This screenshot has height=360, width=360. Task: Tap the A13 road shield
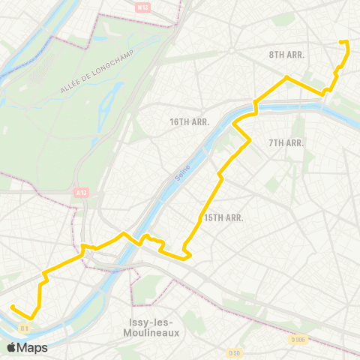(x=81, y=193)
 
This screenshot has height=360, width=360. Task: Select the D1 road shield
(x=24, y=328)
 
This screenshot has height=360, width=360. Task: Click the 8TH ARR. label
(x=285, y=55)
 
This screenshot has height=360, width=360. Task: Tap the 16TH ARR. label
(x=189, y=121)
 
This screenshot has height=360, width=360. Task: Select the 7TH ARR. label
(x=285, y=142)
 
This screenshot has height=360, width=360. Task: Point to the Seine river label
(x=181, y=174)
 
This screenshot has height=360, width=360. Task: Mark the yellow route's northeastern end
(x=341, y=42)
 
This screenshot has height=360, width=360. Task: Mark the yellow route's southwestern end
(x=12, y=306)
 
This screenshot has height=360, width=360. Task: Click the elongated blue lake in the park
(x=112, y=97)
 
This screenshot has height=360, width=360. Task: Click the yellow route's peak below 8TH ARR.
(x=286, y=76)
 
